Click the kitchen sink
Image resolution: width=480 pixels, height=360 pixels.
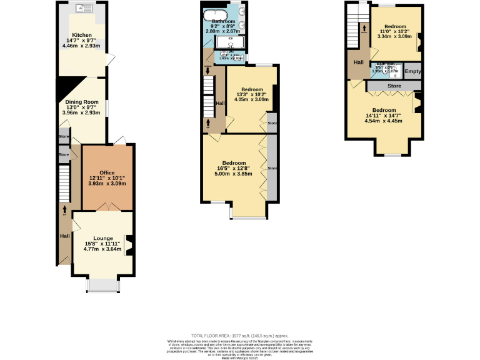coord(82,9)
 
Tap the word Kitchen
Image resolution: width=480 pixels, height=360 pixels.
coord(82,35)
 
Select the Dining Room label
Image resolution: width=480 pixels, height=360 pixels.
coord(82,102)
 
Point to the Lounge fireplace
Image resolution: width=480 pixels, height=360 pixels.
coord(129,244)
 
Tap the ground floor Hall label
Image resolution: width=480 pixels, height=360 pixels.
coord(64,236)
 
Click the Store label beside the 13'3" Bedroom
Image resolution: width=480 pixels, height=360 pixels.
coord(271,123)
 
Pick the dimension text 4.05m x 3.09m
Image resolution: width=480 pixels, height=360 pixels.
coord(251,99)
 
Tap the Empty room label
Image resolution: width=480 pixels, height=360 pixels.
coord(413,71)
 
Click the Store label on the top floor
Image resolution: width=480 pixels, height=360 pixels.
coord(394,86)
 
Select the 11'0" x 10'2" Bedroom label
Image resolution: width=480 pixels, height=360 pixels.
coord(394,26)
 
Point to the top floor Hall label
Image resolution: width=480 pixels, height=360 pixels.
coord(359,62)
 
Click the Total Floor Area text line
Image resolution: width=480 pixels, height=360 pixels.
coord(240,336)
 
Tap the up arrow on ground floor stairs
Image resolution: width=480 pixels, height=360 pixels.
coord(64,209)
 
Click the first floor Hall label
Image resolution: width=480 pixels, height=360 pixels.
coord(220,103)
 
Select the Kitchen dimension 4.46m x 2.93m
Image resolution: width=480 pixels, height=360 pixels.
coord(82,46)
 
